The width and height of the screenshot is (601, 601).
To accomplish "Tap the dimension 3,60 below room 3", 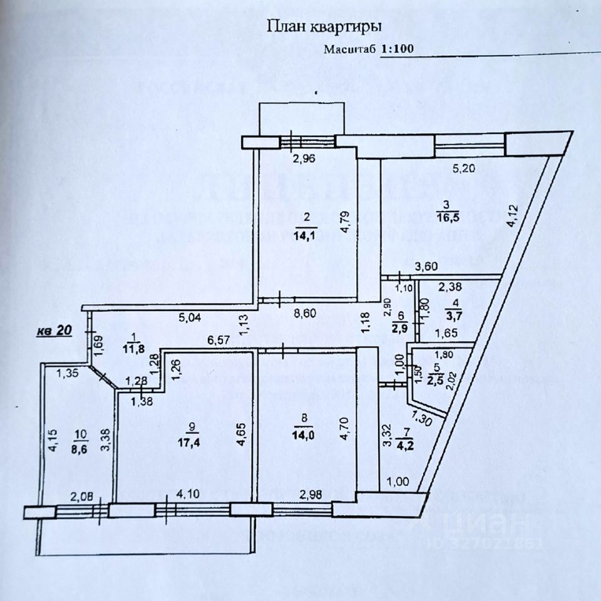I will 425,265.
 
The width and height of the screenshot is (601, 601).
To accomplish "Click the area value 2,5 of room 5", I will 432,380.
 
